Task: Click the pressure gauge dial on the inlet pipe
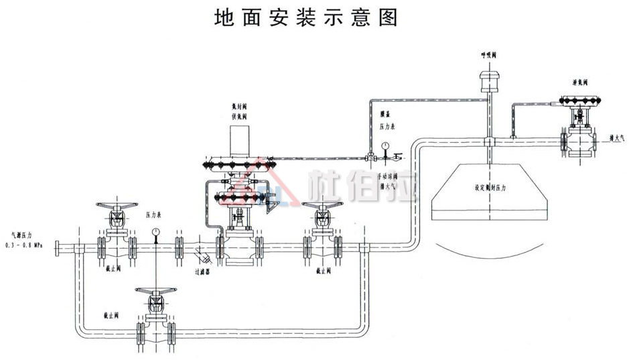(155, 231)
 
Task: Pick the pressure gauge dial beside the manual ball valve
(385, 145)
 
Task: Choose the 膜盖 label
(385, 116)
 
